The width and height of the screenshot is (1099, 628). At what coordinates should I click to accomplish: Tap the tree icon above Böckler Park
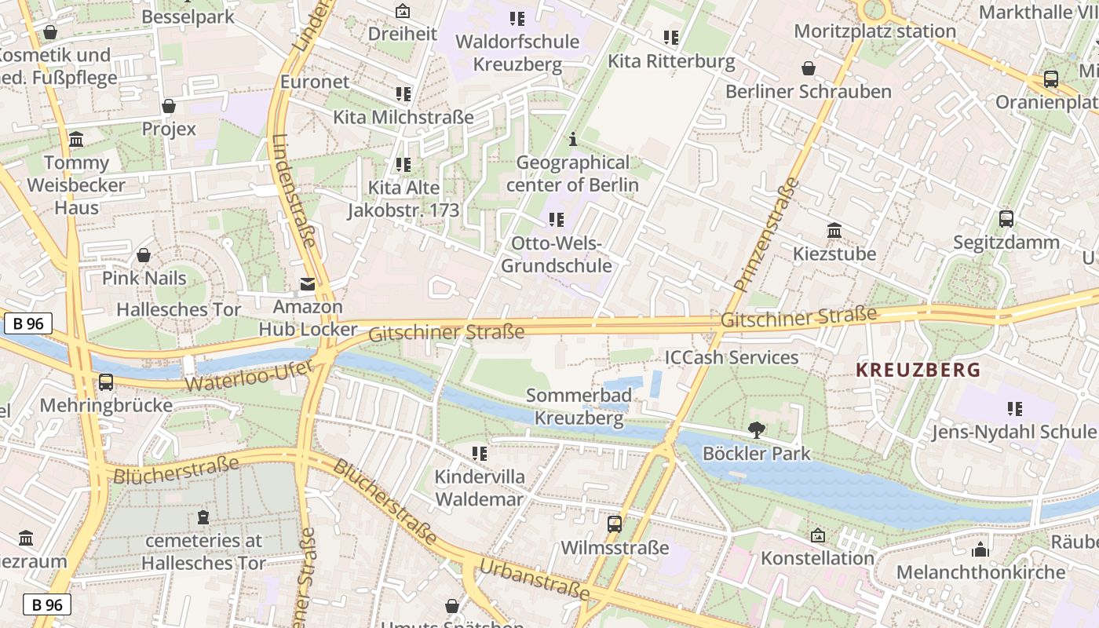tap(757, 430)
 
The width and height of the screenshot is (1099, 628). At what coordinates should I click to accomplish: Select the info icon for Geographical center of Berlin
tap(573, 140)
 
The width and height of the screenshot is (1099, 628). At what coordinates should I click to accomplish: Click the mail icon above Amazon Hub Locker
tap(308, 284)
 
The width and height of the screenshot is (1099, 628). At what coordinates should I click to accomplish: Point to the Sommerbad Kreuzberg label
tap(579, 406)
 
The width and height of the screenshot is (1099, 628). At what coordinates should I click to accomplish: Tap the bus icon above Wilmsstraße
tap(615, 524)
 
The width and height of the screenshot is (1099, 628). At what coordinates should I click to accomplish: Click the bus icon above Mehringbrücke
tap(105, 382)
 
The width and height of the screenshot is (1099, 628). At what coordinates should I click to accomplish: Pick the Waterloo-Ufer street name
tap(249, 377)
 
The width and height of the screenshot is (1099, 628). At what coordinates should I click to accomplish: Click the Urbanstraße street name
tap(533, 579)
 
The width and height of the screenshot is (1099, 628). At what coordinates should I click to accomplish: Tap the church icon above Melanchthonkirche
tap(980, 549)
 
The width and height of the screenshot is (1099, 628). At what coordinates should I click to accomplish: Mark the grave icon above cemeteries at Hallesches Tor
tap(203, 517)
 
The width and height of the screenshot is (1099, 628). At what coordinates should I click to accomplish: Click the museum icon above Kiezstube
tap(834, 231)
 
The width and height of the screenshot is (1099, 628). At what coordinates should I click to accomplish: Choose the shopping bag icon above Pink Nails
tap(144, 255)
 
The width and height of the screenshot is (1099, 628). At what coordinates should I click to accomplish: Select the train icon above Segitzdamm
tap(1006, 219)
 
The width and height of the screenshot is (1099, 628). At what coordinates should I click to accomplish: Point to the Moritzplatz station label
tap(874, 31)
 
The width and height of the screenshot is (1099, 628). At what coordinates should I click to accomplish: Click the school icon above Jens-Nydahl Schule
tap(1014, 408)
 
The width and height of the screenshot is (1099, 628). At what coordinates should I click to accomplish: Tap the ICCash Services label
tap(731, 358)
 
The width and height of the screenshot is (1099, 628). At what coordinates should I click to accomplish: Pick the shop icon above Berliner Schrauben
tap(808, 69)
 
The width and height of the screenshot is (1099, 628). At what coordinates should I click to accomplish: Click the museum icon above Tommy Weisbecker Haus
tap(76, 140)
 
